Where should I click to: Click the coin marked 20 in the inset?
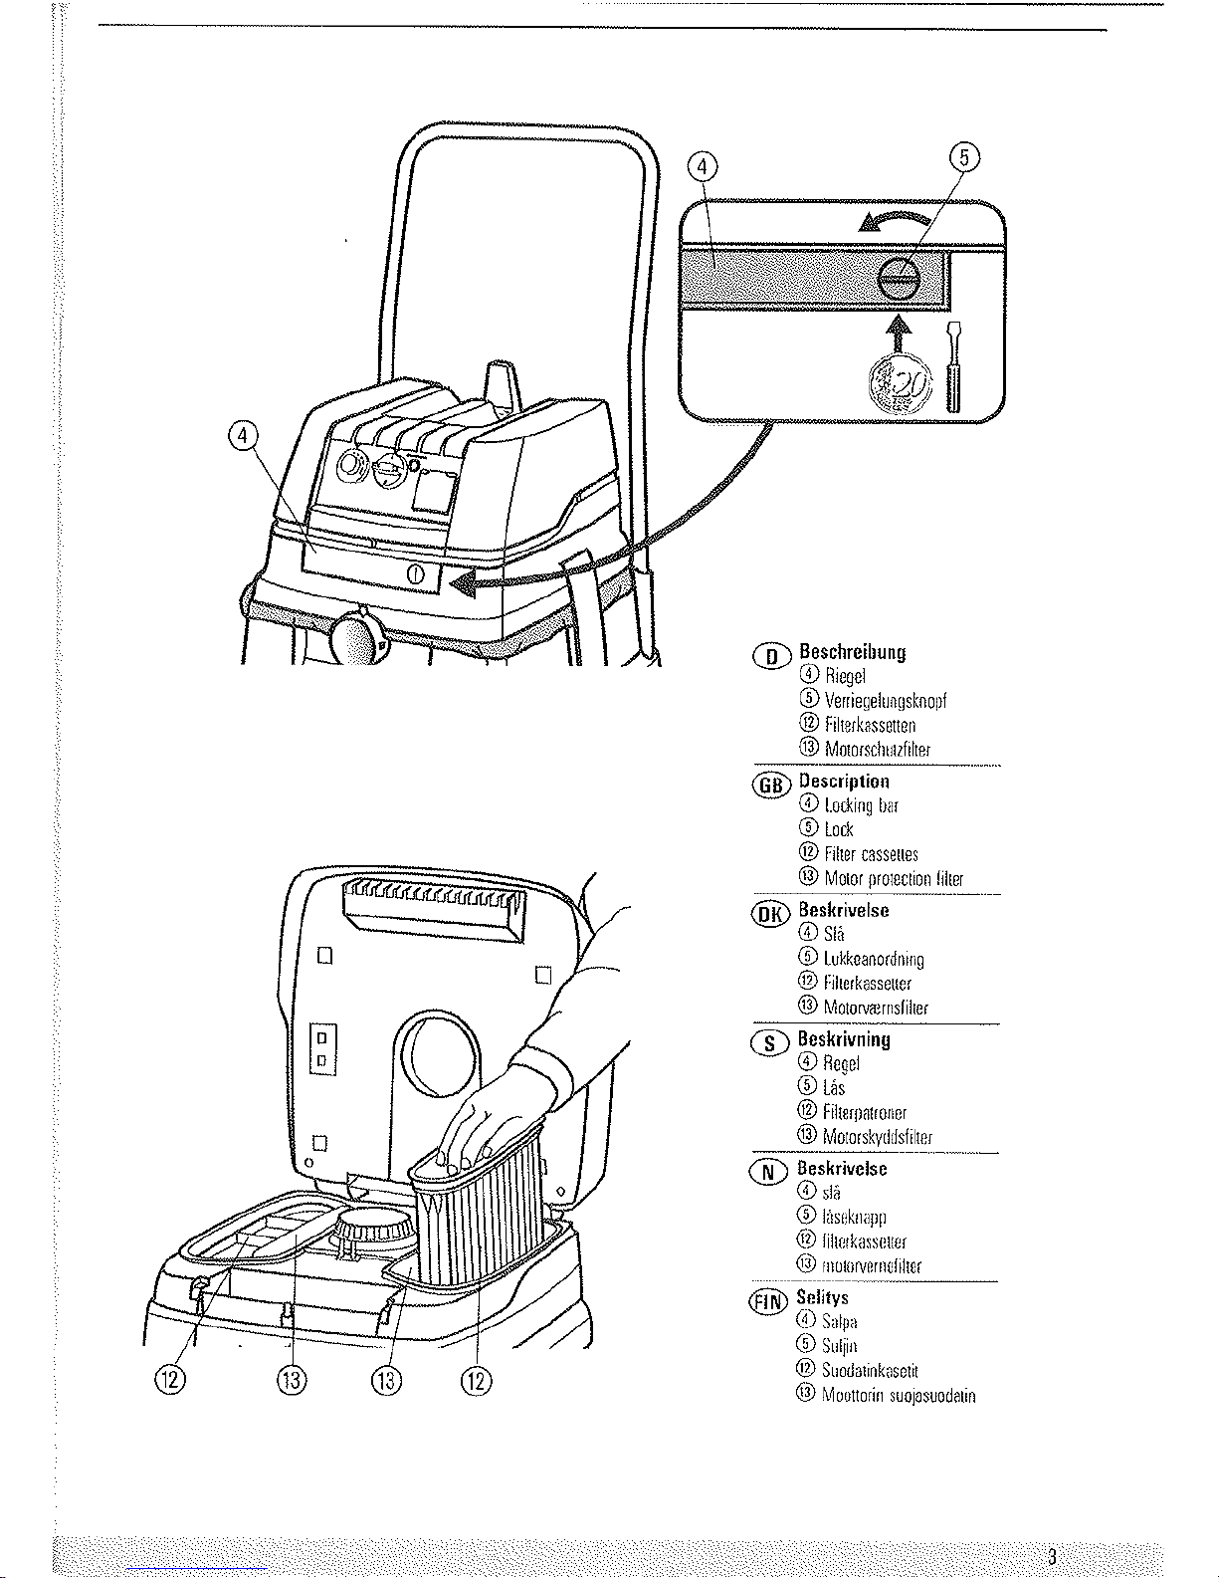tap(899, 385)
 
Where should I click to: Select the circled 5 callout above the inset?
tap(964, 156)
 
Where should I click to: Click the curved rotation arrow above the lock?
tap(897, 221)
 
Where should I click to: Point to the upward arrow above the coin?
tap(899, 335)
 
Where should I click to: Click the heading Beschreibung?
tap(853, 653)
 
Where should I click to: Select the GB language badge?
tap(772, 785)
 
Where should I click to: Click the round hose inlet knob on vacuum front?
tap(356, 638)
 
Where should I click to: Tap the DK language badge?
tap(772, 914)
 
